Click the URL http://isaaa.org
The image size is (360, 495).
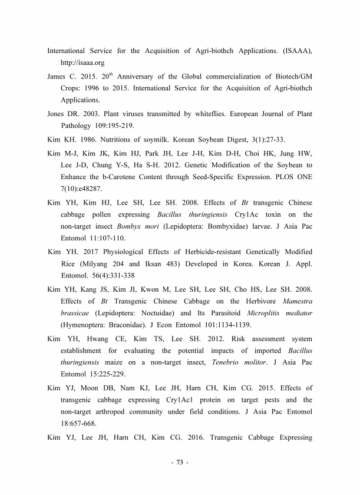pyautogui.click(x=84, y=62)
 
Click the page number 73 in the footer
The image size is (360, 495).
pyautogui.click(x=180, y=463)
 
